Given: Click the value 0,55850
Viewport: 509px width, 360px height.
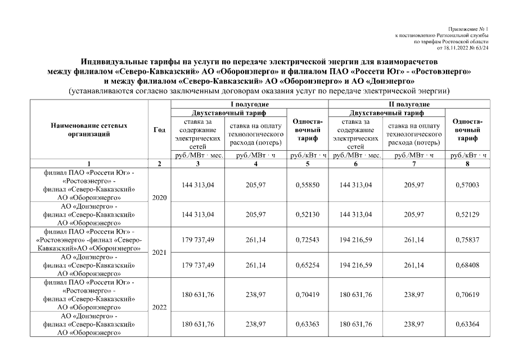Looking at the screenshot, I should coord(308,185).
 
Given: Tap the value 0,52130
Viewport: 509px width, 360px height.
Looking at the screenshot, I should coord(308,214).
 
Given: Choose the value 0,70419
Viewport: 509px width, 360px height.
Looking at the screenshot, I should coord(308,292).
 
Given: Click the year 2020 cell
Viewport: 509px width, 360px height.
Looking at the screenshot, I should coord(159,199).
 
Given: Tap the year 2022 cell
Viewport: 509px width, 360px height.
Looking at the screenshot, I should coord(159,308).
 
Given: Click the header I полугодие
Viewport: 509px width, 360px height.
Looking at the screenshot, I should coord(249,104).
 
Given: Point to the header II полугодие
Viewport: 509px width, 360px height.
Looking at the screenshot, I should coord(408,104).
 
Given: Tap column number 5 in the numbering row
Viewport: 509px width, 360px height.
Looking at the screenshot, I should coord(308,164).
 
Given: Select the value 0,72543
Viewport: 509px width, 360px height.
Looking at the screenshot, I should coord(308,239).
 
